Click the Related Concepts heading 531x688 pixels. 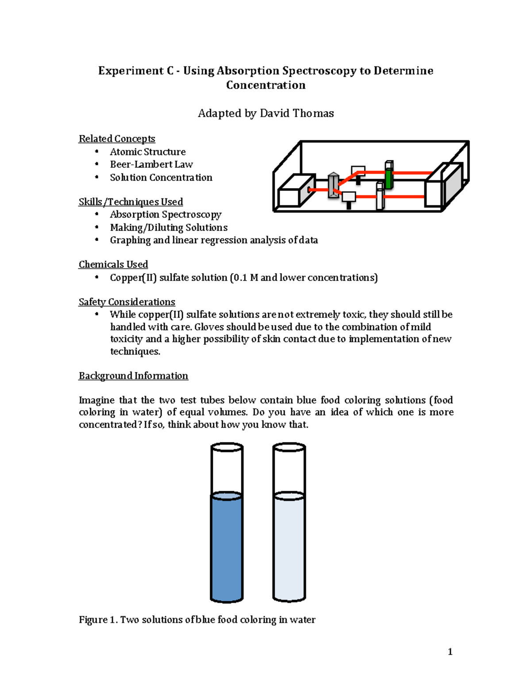point(117,139)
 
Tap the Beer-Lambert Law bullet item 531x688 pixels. point(151,164)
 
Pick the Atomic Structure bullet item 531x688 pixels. point(148,152)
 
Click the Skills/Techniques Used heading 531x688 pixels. point(131,202)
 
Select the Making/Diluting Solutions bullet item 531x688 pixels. point(169,227)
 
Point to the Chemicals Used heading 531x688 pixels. point(113,264)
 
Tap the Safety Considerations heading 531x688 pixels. point(127,302)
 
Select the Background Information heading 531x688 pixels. point(133,376)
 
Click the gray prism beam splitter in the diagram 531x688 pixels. point(333,187)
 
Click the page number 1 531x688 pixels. point(450,652)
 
